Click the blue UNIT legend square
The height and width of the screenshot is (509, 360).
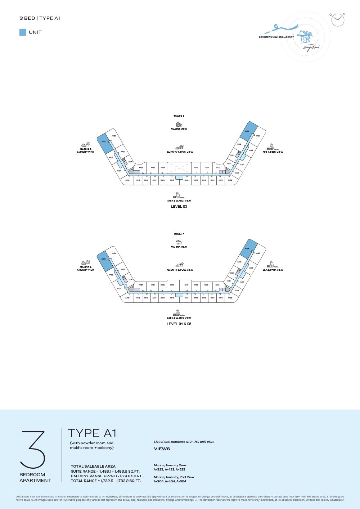[x=23, y=32]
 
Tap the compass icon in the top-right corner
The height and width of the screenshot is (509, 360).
[x=338, y=20]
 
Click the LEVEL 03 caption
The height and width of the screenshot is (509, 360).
[x=179, y=207]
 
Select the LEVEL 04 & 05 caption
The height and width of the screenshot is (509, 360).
[x=179, y=324]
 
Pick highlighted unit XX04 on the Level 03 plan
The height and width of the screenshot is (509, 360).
[x=248, y=131]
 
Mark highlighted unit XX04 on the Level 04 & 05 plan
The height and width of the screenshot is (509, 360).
[x=248, y=248]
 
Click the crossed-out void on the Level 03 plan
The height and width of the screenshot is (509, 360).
[x=179, y=168]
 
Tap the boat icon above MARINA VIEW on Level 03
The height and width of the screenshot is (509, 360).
[x=179, y=125]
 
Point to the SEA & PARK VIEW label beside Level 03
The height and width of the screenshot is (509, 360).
[x=273, y=152]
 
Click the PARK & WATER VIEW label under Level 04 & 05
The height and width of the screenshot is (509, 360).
[x=179, y=318]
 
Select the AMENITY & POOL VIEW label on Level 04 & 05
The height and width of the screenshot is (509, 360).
[x=180, y=270]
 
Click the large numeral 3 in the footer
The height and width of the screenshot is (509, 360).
[x=33, y=450]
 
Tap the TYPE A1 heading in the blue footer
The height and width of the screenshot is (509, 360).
[x=92, y=433]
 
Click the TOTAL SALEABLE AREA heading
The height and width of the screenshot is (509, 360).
[x=93, y=467]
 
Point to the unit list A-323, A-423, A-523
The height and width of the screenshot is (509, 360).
[x=170, y=469]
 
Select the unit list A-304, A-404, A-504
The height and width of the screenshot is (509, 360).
[x=170, y=481]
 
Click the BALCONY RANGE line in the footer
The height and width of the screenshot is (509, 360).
[x=107, y=476]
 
